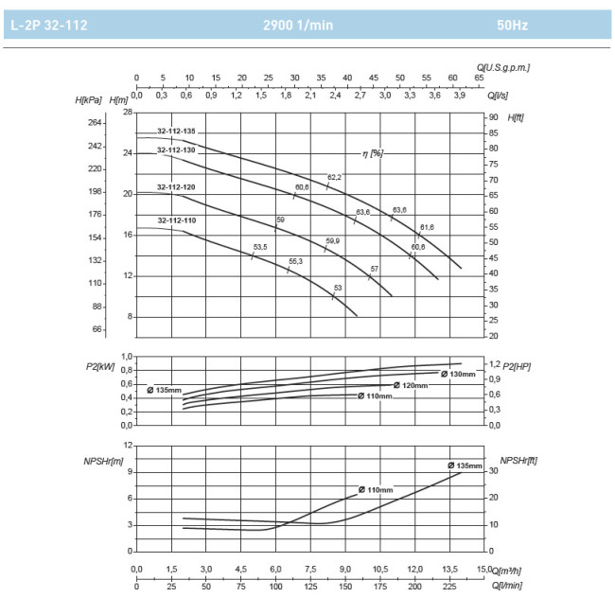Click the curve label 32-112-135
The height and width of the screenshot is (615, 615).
[x=176, y=131]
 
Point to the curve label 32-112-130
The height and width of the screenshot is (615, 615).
[x=176, y=149]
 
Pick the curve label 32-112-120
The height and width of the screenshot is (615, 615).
[x=176, y=187]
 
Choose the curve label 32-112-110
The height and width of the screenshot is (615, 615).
[x=177, y=220]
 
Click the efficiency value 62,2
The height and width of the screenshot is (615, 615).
[x=334, y=177]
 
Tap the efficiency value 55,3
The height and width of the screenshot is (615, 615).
[x=295, y=261]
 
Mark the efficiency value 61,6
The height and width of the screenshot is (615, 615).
[x=427, y=227]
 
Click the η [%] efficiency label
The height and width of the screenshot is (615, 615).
[x=372, y=153]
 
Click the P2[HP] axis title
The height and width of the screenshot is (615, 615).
[x=516, y=366]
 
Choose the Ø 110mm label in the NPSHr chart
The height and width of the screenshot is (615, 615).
[x=375, y=489]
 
